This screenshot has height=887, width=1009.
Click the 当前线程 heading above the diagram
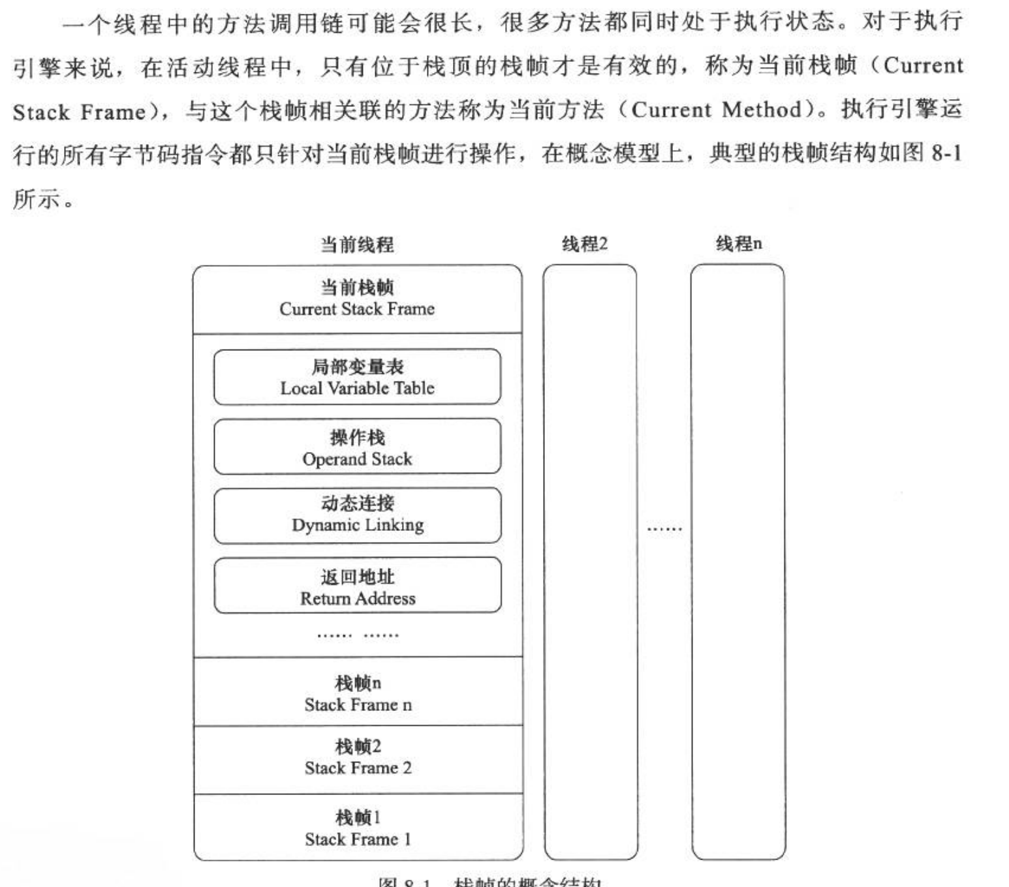[x=357, y=245]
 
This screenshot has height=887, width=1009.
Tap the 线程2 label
[x=585, y=244]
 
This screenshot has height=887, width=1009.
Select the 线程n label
[x=739, y=244]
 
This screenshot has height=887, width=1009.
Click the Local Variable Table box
[x=357, y=377]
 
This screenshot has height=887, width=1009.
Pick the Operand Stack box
[x=357, y=447]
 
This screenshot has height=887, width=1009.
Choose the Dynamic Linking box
[x=357, y=515]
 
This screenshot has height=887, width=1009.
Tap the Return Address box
[x=357, y=586]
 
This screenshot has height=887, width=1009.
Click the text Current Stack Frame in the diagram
[x=357, y=309]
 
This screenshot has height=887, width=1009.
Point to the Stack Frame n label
[x=358, y=705]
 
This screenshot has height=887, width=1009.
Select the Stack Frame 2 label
[x=358, y=768]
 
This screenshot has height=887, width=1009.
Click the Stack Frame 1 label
[x=358, y=839]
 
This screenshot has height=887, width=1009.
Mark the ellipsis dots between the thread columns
[x=664, y=528]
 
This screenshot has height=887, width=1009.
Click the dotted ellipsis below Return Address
[x=358, y=635]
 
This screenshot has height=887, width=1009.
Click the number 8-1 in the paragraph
[x=946, y=154]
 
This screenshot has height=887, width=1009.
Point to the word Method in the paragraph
[x=761, y=110]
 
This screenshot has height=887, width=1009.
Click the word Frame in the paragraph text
[x=112, y=112]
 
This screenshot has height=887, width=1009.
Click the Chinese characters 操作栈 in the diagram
[x=357, y=437]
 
